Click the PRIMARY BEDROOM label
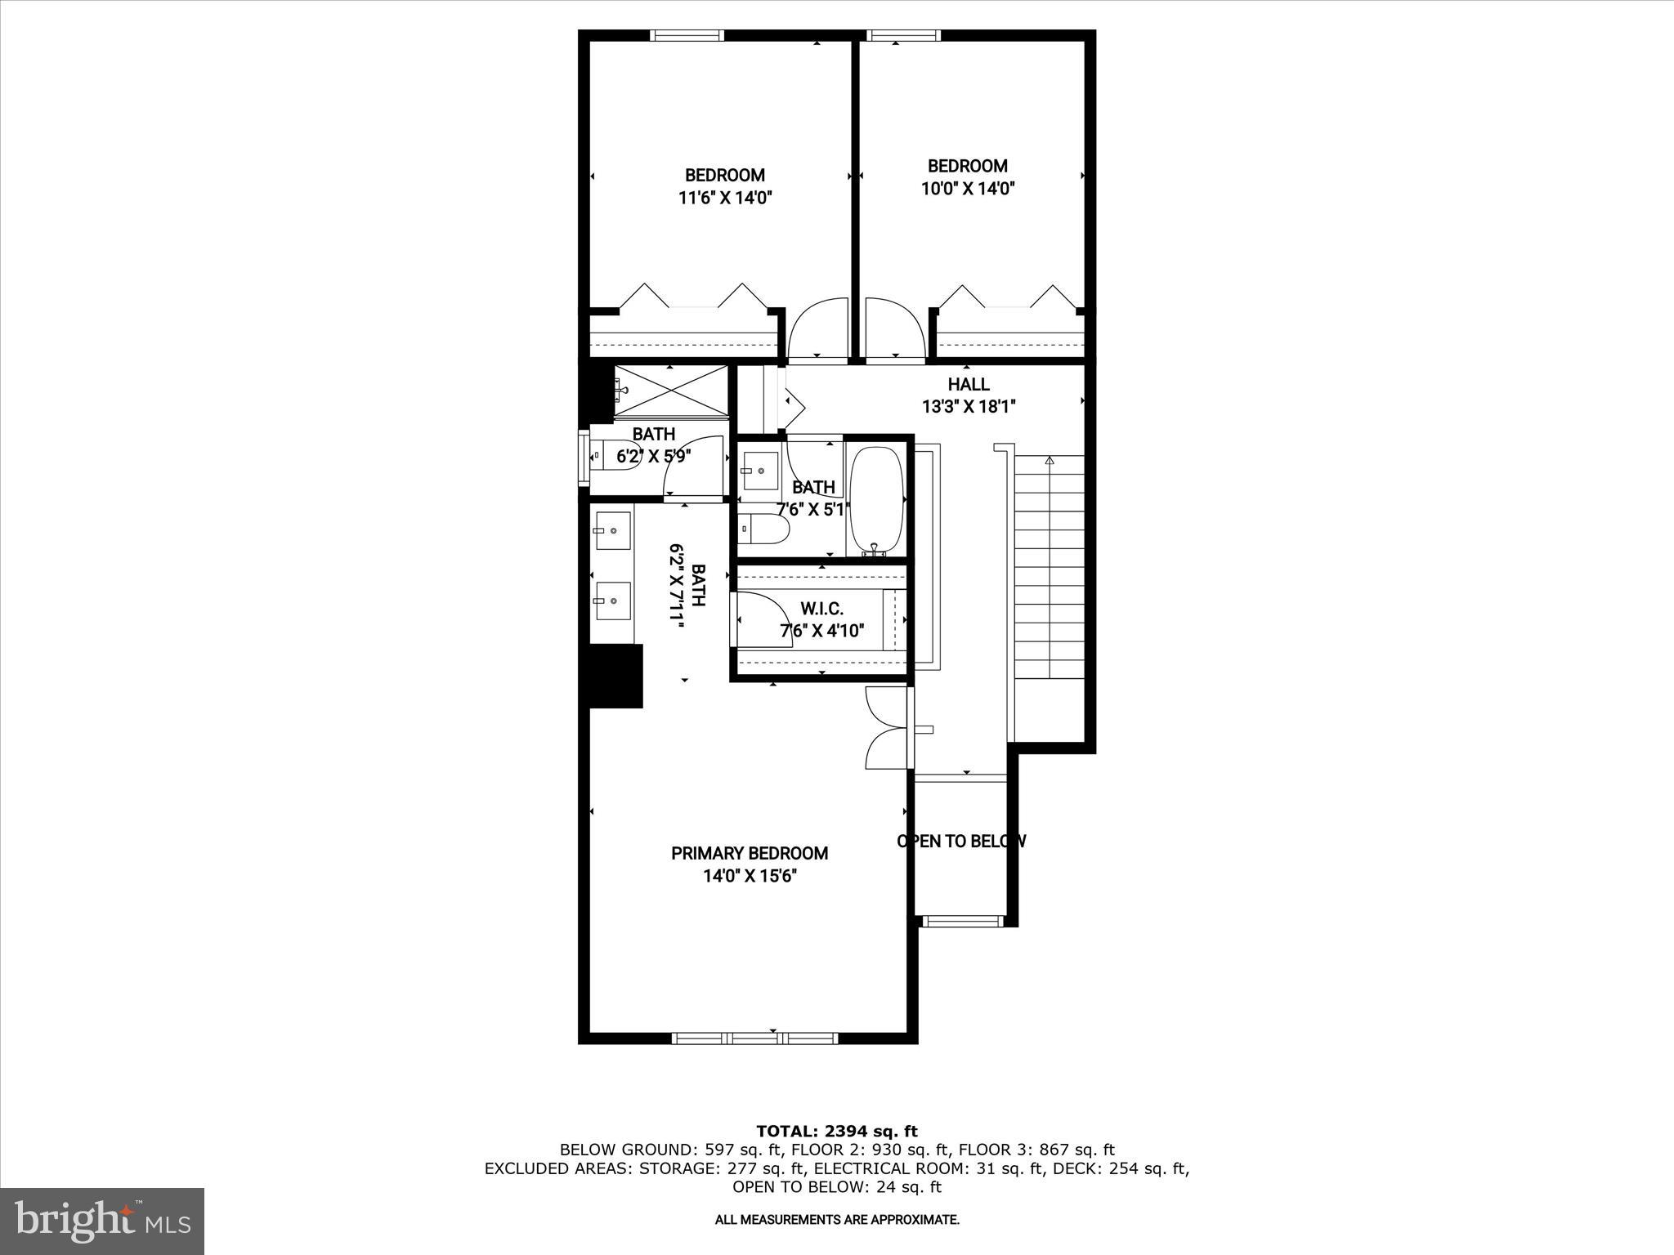coord(750,853)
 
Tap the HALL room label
coord(969,384)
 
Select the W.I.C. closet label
coord(821,609)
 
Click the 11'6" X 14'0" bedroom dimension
coord(725,197)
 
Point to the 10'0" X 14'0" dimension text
coord(968,188)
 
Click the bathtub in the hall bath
coord(877,499)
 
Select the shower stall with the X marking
coord(670,392)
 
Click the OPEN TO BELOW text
coord(961,841)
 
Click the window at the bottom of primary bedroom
coord(754,1038)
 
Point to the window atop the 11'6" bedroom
coord(687,35)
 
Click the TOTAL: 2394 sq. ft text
coord(836,1131)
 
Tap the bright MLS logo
coord(102,1220)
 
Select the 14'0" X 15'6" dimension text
coord(750,876)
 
